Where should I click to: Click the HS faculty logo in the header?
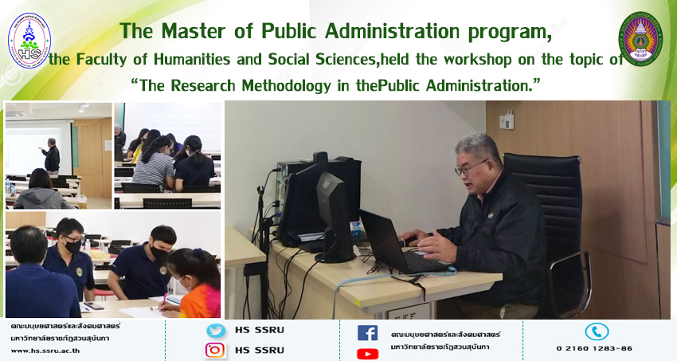coord(29,40)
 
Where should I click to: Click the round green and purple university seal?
coord(640,39)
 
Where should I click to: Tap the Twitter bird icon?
coord(216,331)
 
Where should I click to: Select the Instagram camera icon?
coord(215,350)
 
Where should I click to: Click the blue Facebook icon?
coord(367,333)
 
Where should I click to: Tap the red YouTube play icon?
coord(367,354)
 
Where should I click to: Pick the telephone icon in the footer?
coord(597,332)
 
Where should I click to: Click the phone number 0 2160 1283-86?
coord(594,348)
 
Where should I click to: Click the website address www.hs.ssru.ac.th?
coord(45,351)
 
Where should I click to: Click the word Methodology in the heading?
coord(286,85)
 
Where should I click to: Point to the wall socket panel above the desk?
coord(507,120)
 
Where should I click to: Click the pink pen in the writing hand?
coord(165,300)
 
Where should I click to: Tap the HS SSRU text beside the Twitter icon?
coord(260,331)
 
